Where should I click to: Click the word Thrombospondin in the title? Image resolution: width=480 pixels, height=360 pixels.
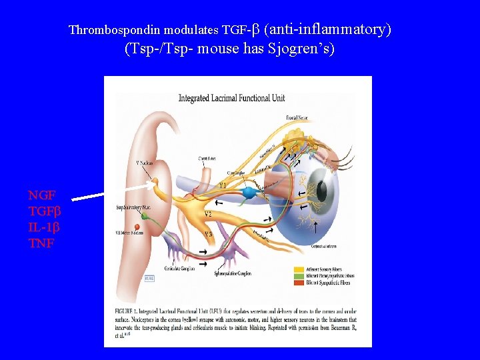click(x=107, y=30)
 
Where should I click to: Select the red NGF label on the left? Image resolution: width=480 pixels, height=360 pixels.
click(x=41, y=195)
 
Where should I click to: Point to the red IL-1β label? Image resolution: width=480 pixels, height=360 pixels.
click(x=45, y=227)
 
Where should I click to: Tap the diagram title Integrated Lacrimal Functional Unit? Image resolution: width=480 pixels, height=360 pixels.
click(x=231, y=99)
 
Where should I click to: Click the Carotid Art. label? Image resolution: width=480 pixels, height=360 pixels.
click(x=206, y=159)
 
